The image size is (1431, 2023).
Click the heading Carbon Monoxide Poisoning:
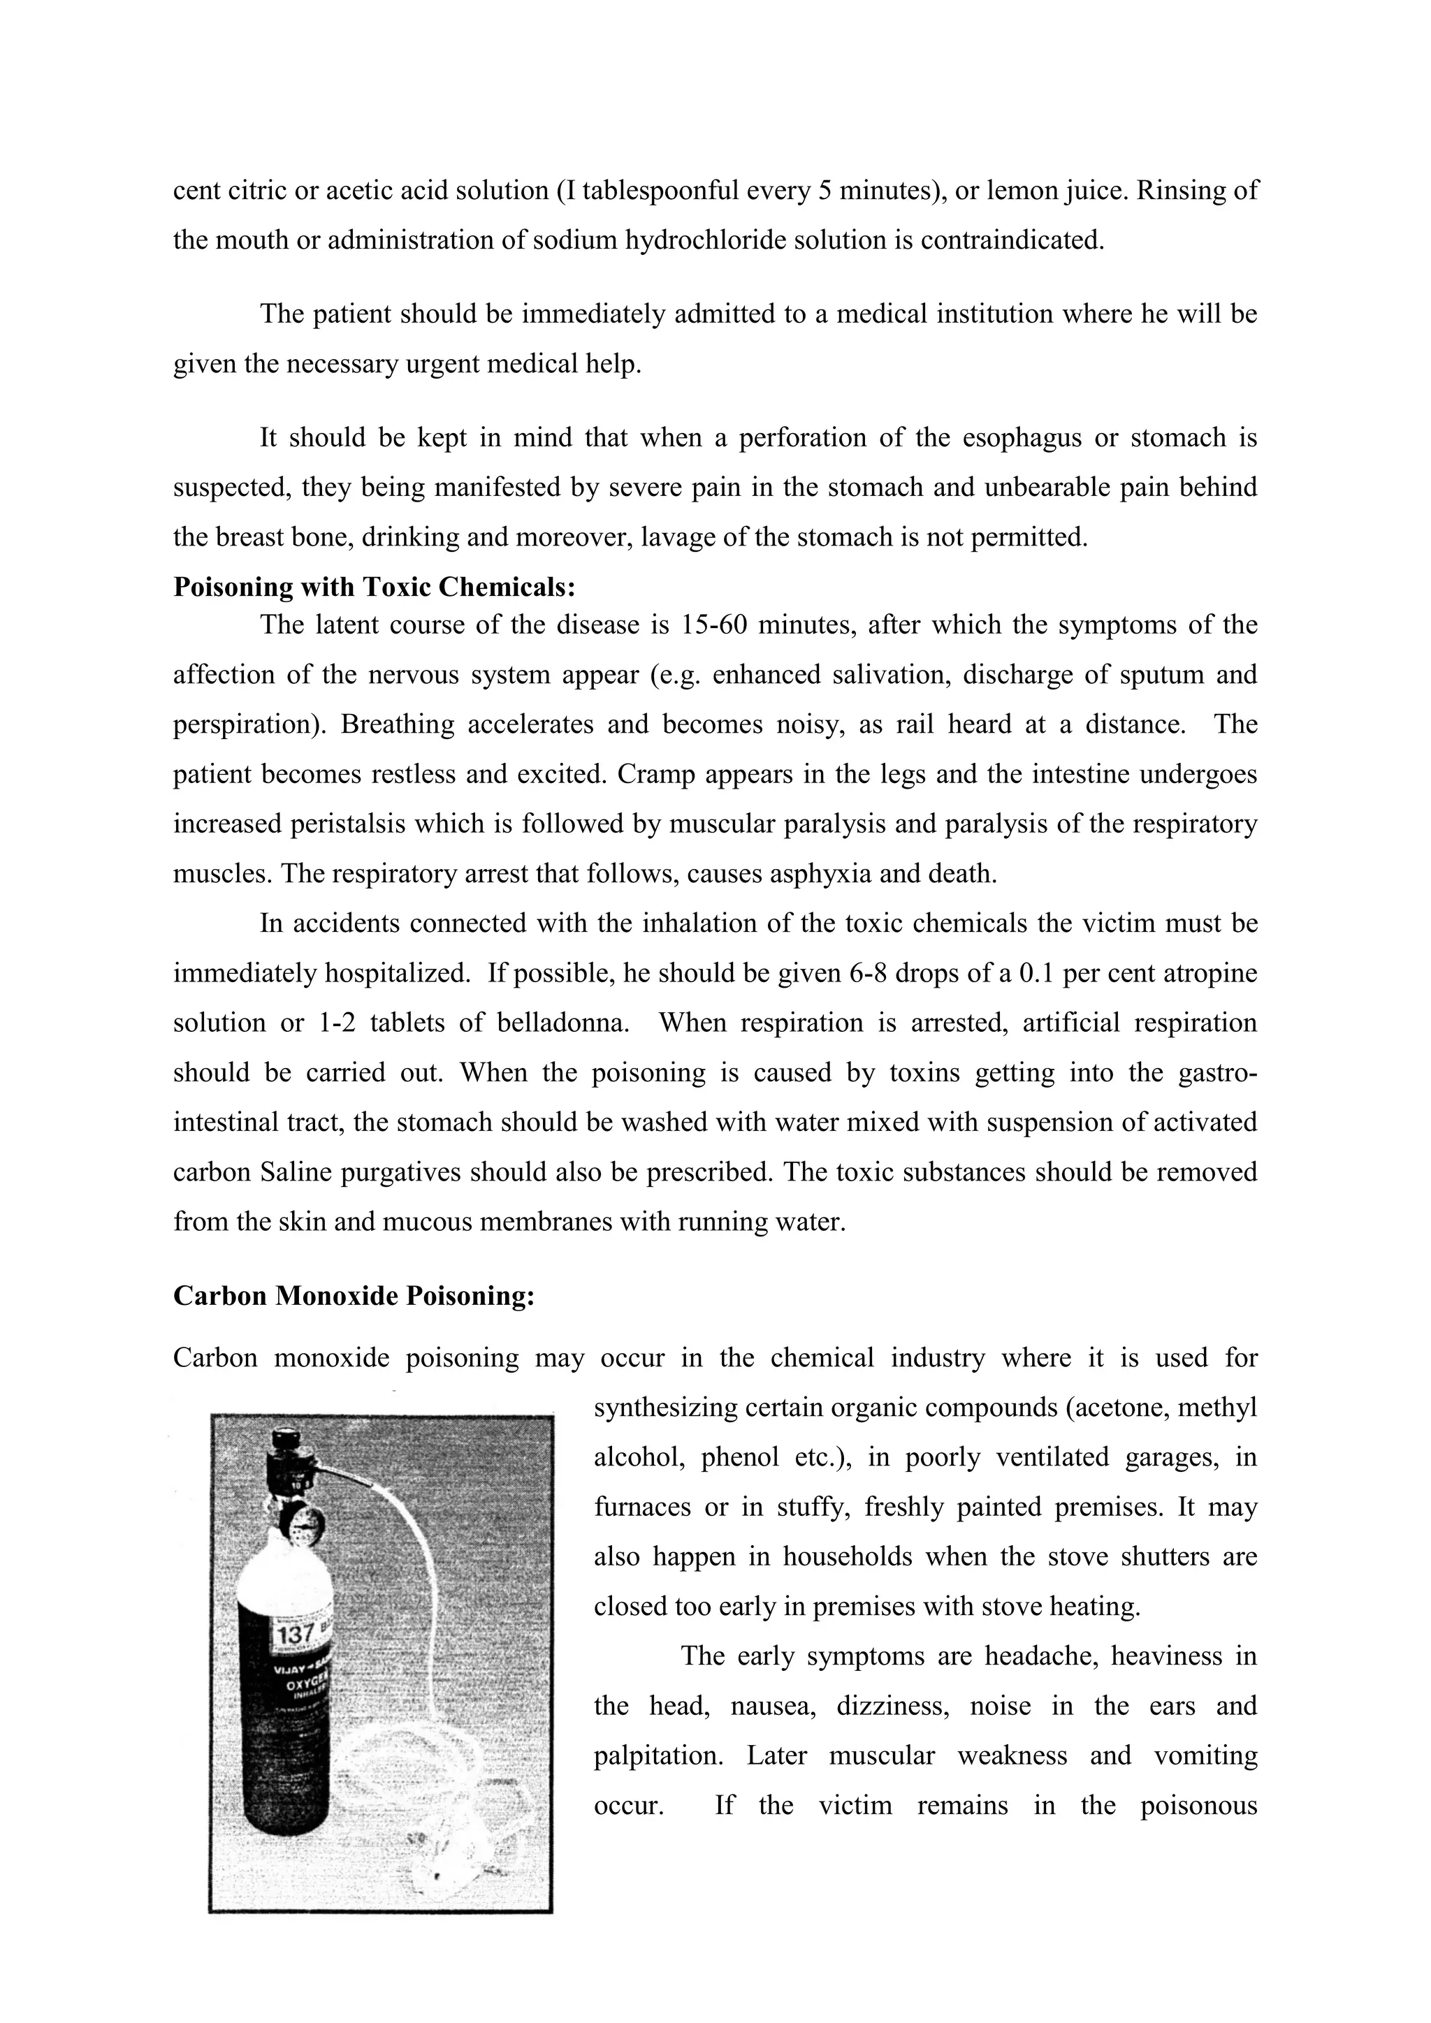pyautogui.click(x=354, y=1296)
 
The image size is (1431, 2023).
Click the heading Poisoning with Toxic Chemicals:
pyautogui.click(x=375, y=587)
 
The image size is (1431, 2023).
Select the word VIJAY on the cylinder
pyautogui.click(x=290, y=1670)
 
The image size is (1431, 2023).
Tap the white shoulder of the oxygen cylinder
pyautogui.click(x=284, y=1582)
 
